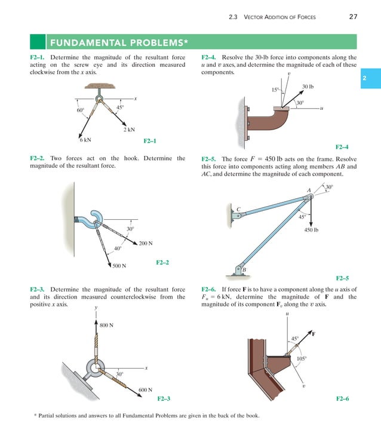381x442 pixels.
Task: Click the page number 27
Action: click(353, 17)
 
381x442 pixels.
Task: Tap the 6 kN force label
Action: click(85, 140)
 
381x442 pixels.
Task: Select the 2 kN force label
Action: click(129, 129)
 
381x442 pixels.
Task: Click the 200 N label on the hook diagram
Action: click(146, 243)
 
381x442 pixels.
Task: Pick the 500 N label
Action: click(119, 266)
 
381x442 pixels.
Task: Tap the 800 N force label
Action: click(107, 325)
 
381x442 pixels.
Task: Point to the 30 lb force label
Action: click(308, 87)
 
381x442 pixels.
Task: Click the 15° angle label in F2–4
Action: click(275, 90)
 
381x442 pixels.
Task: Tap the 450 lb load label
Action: click(311, 229)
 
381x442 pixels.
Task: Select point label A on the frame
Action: click(309, 191)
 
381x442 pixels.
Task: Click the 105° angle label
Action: click(302, 358)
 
